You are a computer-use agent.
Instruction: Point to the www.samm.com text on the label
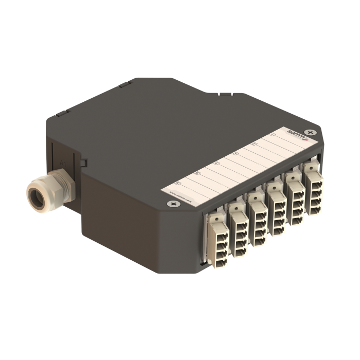(x=180, y=195)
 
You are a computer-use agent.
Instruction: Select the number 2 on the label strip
(x=253, y=145)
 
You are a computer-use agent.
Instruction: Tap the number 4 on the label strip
(x=216, y=163)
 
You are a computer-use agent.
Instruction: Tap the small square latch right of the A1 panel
(x=83, y=163)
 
